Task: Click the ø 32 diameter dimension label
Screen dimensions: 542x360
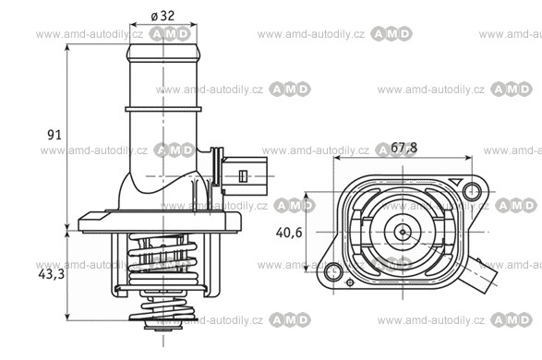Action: [x=163, y=16]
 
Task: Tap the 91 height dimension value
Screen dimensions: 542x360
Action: [x=54, y=135]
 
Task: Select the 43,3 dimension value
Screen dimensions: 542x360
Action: [x=51, y=274]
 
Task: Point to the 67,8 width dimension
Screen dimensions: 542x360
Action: [x=403, y=148]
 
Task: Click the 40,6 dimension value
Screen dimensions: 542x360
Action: [x=289, y=233]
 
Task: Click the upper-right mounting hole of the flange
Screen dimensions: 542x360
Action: [x=472, y=191]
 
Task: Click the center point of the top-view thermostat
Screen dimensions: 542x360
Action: [x=403, y=232]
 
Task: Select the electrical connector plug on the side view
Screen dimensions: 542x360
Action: [x=244, y=176]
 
